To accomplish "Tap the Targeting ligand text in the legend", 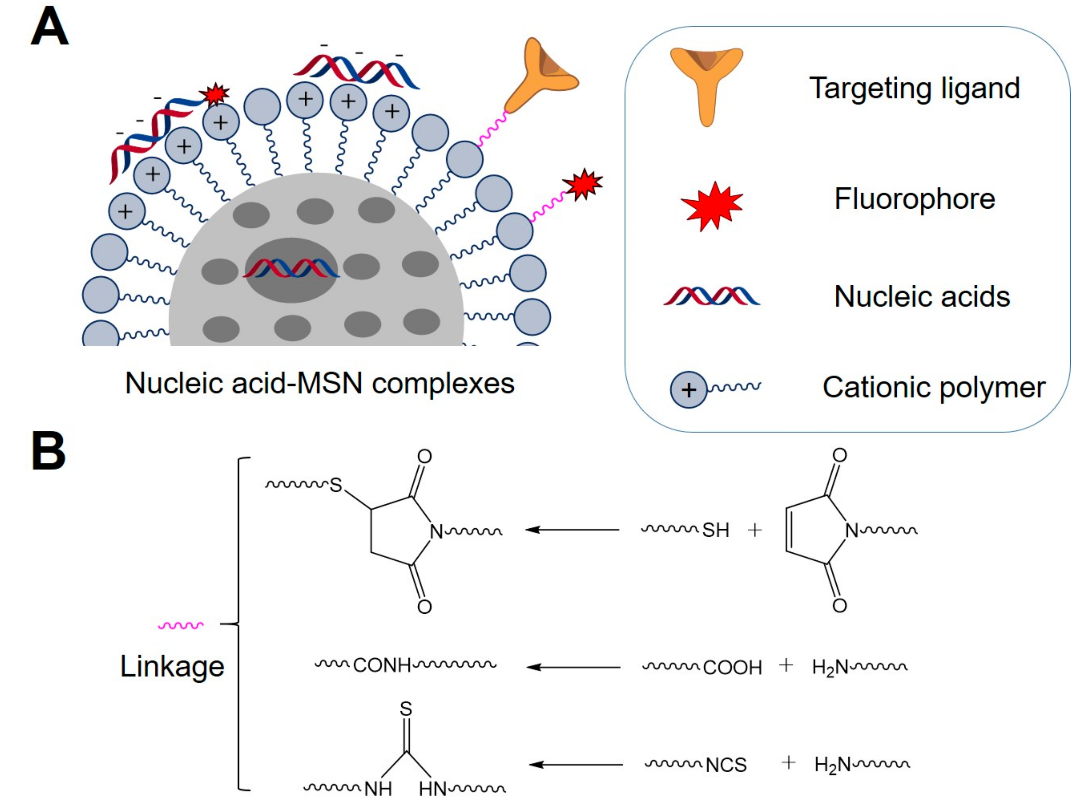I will [914, 88].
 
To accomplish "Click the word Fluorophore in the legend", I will [914, 199].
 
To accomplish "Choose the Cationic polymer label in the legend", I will [933, 387].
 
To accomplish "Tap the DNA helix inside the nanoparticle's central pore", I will [291, 269].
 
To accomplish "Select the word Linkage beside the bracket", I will [172, 666].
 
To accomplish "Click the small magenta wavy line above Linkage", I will [181, 626].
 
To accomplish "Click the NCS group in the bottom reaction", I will [726, 766].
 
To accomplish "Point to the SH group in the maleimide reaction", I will [716, 530].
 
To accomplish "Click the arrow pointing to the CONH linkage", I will [573, 667].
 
